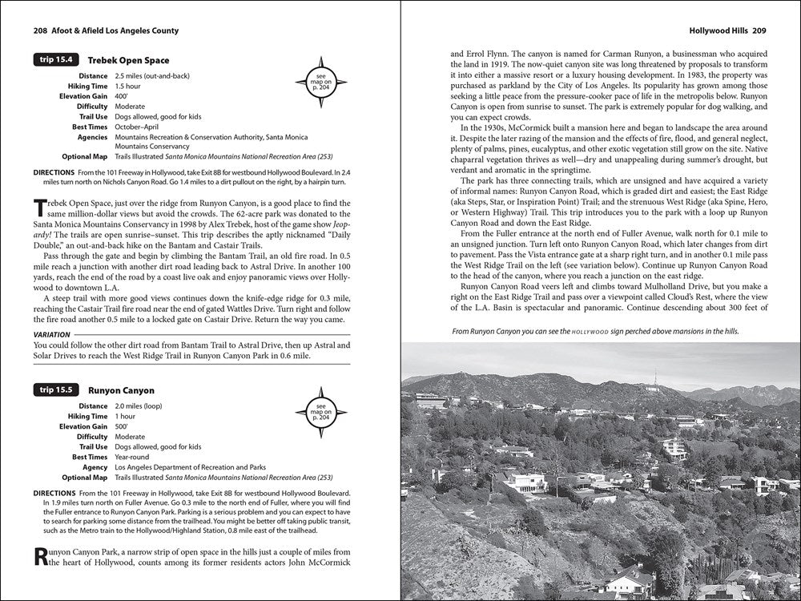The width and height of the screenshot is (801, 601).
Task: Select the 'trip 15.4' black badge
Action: [55, 60]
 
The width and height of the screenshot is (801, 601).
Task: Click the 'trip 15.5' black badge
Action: [55, 390]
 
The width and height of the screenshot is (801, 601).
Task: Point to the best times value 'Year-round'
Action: [134, 456]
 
